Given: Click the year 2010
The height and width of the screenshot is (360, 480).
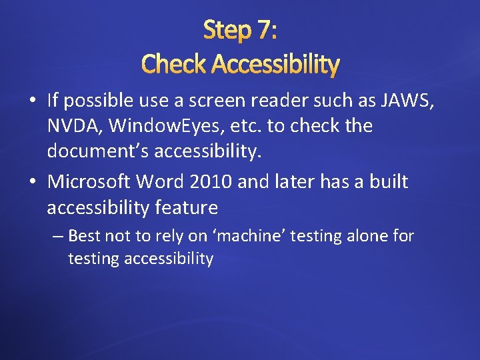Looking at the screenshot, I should (210, 181).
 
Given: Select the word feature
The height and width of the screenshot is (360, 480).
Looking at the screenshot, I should (187, 208).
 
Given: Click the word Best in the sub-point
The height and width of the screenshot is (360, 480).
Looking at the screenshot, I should (83, 236).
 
